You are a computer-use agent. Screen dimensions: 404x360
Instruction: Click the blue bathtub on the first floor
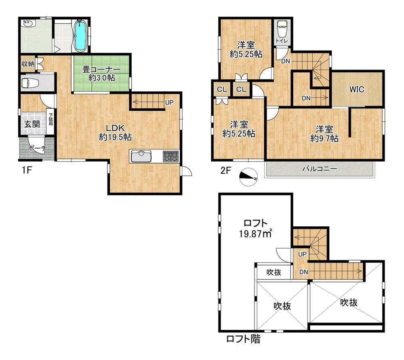80,36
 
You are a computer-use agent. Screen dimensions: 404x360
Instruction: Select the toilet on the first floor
30,83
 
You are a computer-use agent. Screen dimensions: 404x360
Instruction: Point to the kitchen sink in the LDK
141,156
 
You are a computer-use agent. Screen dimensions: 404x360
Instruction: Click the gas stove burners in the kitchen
170,156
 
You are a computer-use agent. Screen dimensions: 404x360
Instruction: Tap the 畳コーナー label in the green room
101,69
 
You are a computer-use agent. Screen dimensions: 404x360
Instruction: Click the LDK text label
116,128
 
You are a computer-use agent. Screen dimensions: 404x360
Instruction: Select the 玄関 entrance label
32,124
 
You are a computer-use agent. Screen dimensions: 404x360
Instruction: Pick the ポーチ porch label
37,148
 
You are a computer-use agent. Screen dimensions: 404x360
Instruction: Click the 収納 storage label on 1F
28,64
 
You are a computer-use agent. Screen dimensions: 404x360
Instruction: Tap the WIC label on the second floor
357,89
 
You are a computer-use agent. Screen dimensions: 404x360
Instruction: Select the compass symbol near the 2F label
248,177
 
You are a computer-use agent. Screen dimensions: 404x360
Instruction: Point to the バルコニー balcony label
320,169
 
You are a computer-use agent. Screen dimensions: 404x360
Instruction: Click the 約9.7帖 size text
324,139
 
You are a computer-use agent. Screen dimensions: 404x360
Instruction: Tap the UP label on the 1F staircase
169,103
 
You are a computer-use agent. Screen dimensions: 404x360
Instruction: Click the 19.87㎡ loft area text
255,234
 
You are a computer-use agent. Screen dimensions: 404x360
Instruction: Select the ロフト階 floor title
243,339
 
